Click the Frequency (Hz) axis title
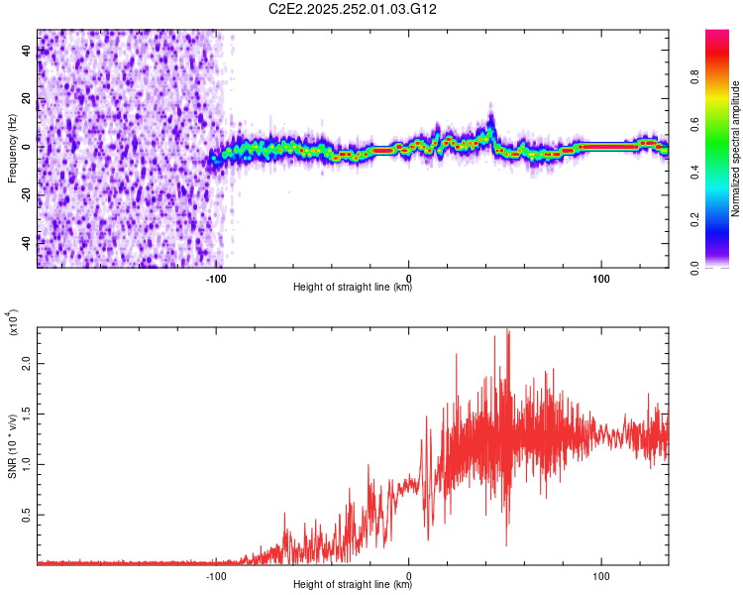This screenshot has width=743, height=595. click(x=12, y=148)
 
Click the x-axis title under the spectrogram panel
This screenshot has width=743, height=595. click(x=353, y=288)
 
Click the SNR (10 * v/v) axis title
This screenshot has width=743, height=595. click(x=12, y=445)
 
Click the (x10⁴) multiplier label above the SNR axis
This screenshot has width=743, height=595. click(x=12, y=323)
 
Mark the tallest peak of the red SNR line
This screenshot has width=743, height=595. click(x=508, y=331)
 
